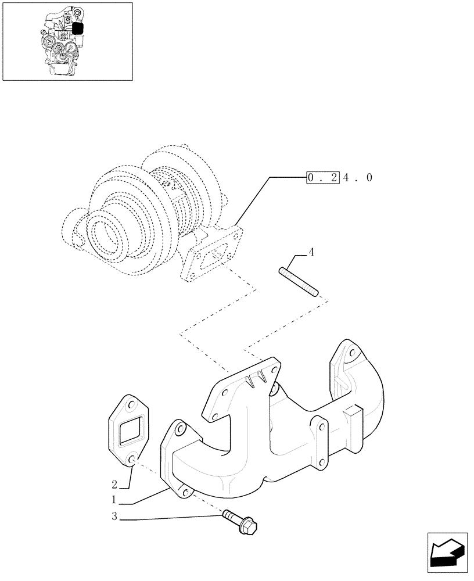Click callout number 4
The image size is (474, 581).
(x=311, y=252)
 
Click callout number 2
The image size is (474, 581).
(x=115, y=483)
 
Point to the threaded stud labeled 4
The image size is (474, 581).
(x=299, y=281)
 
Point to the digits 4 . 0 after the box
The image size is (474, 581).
(x=357, y=177)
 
